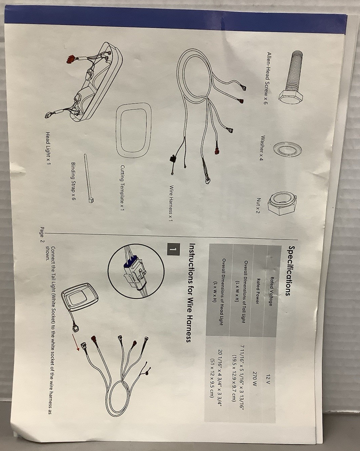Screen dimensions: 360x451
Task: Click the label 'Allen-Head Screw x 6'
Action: [264, 78]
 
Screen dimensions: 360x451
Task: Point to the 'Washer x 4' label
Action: [263, 148]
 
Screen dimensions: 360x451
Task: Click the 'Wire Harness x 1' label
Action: [170, 203]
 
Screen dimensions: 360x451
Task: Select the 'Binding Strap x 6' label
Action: [73, 181]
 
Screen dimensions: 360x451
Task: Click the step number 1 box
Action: [173, 249]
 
